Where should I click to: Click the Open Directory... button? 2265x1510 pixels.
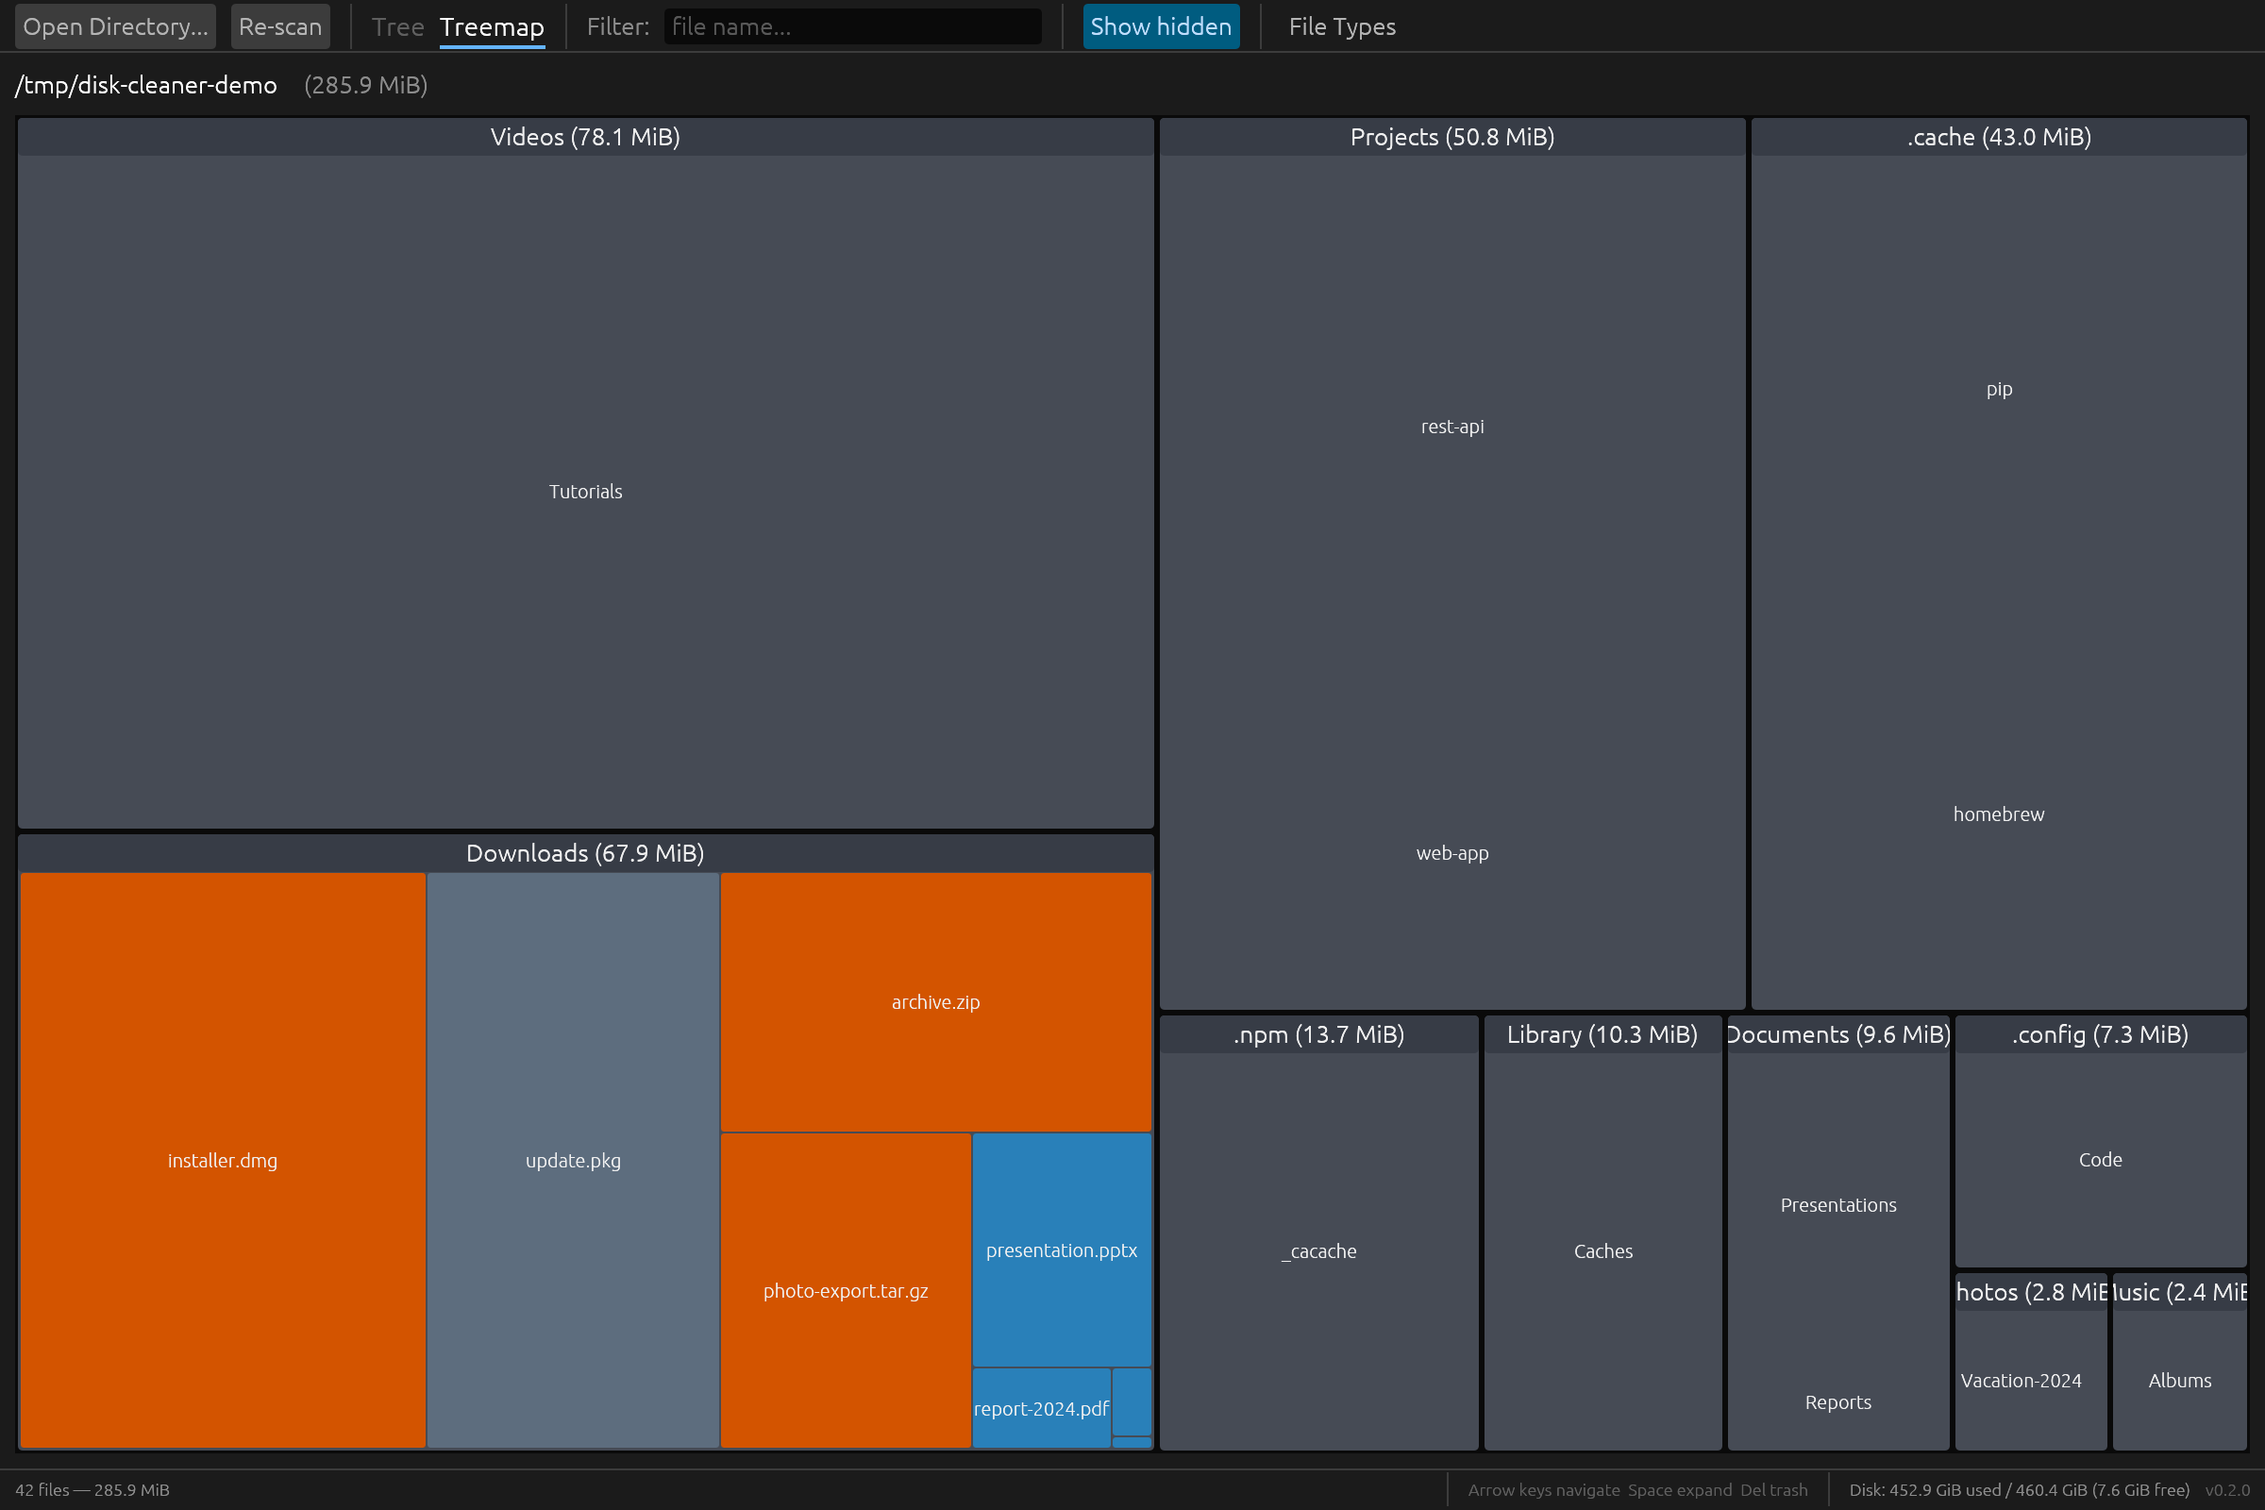click(114, 27)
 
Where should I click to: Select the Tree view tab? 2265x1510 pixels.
click(396, 27)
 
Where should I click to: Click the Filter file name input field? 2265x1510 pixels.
click(851, 27)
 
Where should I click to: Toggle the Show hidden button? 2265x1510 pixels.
click(1161, 27)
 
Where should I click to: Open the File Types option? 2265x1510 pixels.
click(1341, 27)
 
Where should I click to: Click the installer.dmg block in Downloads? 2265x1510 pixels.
click(223, 1160)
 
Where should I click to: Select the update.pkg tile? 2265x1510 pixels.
click(573, 1160)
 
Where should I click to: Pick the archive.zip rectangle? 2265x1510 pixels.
click(935, 1001)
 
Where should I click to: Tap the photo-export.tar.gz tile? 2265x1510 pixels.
click(846, 1290)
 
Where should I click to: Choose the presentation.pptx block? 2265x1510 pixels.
click(1061, 1250)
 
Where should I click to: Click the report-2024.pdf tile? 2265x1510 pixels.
click(1040, 1408)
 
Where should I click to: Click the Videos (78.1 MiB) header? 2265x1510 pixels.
click(584, 137)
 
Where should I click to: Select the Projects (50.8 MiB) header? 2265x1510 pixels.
click(1451, 137)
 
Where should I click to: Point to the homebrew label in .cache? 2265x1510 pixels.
click(1998, 814)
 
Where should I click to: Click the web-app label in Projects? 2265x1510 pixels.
click(1451, 852)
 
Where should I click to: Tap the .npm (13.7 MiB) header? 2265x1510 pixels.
click(1318, 1034)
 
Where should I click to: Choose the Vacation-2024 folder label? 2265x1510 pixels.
click(2021, 1380)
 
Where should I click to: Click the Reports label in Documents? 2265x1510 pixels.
click(1837, 1401)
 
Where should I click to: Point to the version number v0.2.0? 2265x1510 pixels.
click(2226, 1490)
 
